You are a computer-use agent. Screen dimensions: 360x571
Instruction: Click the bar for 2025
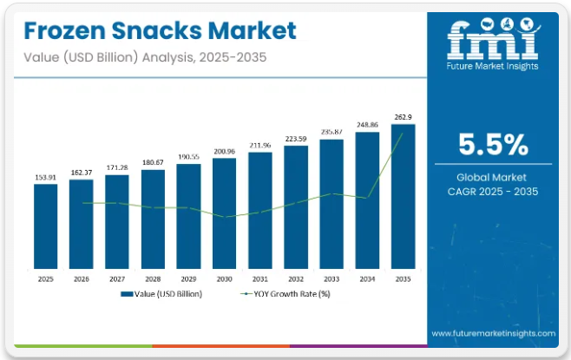(46, 227)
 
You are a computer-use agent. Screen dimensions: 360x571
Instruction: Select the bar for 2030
(224, 214)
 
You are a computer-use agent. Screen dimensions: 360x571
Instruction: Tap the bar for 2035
(403, 197)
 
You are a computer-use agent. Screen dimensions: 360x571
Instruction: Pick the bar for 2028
(153, 220)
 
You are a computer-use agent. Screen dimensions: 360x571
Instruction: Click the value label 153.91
(46, 177)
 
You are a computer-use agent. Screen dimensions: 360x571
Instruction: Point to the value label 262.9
(403, 117)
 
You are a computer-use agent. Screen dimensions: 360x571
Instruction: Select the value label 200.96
(224, 151)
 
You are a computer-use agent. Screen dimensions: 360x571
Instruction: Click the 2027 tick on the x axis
(117, 280)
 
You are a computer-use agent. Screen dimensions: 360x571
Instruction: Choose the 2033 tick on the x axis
(331, 280)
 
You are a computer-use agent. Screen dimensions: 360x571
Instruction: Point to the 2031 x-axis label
(260, 280)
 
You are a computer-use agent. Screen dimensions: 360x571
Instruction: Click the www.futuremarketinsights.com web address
(492, 333)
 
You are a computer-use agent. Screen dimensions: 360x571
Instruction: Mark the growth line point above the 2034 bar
(367, 197)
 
